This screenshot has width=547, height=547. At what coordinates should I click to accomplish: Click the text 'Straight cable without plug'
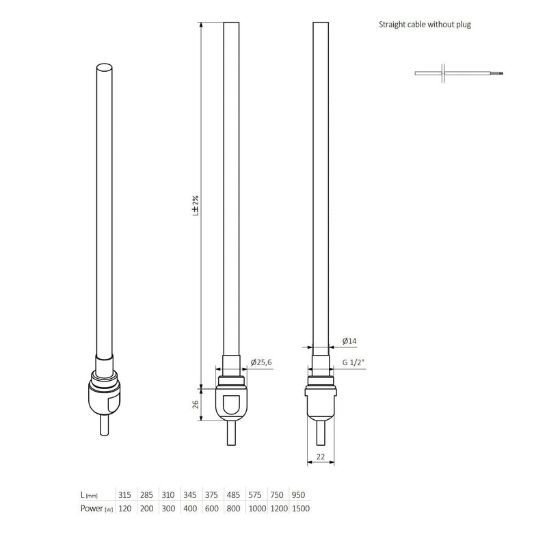click(425, 25)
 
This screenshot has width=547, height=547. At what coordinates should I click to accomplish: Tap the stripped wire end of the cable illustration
click(501, 72)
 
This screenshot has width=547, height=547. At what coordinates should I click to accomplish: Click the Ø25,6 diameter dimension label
click(262, 362)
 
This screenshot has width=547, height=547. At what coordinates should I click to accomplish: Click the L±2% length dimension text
click(195, 205)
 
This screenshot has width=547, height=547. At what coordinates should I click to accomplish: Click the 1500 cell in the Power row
click(299, 509)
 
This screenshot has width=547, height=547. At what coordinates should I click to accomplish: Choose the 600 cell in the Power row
click(211, 509)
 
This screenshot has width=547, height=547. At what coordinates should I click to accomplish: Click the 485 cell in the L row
click(233, 495)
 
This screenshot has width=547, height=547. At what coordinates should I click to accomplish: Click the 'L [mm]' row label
click(90, 495)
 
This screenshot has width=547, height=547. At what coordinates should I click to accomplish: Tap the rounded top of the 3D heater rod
click(104, 68)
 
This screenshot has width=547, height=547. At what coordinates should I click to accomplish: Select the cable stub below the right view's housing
click(320, 435)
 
